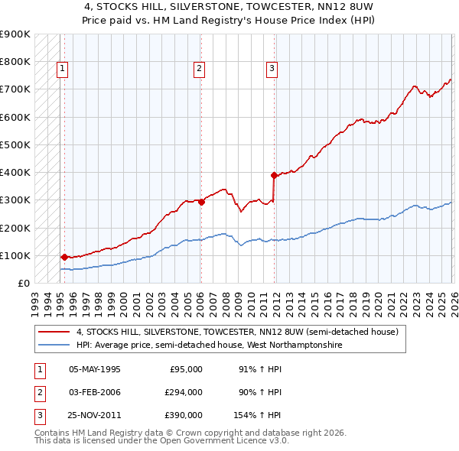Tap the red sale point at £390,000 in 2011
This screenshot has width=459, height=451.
pos(274,175)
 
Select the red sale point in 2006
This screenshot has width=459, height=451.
pos(201,202)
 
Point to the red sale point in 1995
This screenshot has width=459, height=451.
pos(64,257)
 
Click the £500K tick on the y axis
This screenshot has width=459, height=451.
pos(15,144)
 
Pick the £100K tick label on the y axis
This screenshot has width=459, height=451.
pos(15,255)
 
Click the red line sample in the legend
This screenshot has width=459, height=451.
pos(54,333)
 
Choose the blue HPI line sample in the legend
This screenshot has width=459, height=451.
pos(54,346)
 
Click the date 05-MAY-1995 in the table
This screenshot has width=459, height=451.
pos(95,369)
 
